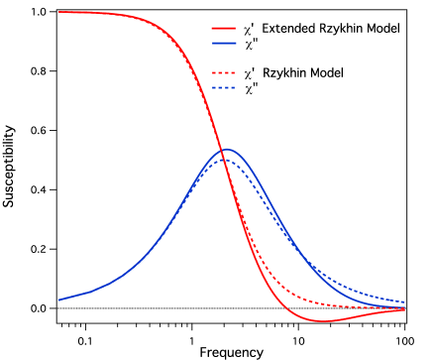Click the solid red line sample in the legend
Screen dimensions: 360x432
(x=223, y=28)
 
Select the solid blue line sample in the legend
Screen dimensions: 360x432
(x=223, y=43)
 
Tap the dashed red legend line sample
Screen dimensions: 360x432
(x=223, y=72)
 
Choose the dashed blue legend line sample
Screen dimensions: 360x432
(x=223, y=87)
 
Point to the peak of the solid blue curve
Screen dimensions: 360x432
(x=227, y=149)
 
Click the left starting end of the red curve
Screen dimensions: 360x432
(x=59, y=12)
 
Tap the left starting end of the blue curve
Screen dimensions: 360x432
(x=58, y=300)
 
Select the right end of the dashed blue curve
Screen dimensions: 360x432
(x=404, y=301)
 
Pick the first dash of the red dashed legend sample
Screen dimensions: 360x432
(x=214, y=72)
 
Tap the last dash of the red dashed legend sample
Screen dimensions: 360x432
(x=232, y=72)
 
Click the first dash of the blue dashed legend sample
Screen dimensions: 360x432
(x=214, y=87)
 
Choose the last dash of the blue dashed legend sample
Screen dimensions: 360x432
(x=232, y=87)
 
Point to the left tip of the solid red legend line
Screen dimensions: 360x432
(x=212, y=28)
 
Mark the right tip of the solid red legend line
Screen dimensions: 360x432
(x=235, y=28)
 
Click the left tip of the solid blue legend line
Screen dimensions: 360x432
(x=212, y=43)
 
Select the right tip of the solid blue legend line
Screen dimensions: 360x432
(x=235, y=43)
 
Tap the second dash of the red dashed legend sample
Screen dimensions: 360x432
(x=220, y=72)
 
